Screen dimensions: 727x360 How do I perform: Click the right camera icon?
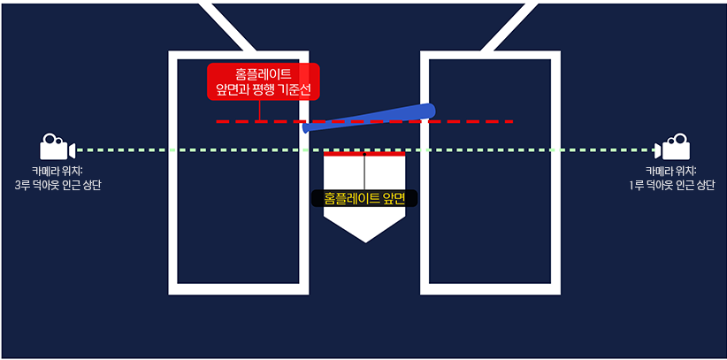pos(674,148)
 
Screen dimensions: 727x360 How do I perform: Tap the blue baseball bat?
pos(370,119)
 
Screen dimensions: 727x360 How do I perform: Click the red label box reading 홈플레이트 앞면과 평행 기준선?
pos(262,81)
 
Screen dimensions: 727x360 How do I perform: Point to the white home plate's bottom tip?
pos(364,241)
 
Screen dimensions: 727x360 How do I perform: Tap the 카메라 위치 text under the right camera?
pos(670,170)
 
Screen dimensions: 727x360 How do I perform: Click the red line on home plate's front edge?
pos(364,154)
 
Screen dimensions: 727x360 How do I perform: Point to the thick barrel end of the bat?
pos(427,110)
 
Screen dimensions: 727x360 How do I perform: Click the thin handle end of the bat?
pos(308,127)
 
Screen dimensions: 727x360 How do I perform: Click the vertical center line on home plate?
pos(364,172)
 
